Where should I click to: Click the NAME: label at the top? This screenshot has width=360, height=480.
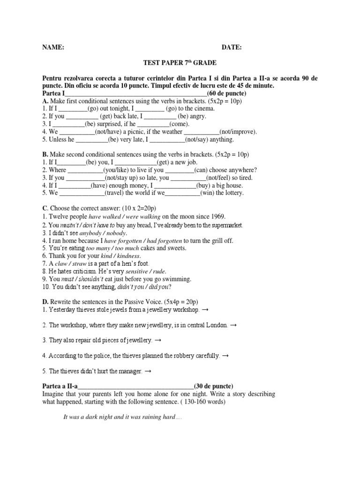pyautogui.click(x=53, y=47)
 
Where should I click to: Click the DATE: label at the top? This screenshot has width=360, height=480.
pyautogui.click(x=232, y=47)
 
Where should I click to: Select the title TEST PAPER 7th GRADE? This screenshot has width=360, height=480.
pyautogui.click(x=180, y=62)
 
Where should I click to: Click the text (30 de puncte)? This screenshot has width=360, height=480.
pyautogui.click(x=213, y=385)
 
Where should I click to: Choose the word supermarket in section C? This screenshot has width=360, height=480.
pyautogui.click(x=225, y=225)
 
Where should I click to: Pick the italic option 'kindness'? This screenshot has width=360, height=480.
pyautogui.click(x=127, y=256)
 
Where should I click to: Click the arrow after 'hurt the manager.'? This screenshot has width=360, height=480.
pyautogui.click(x=148, y=371)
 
